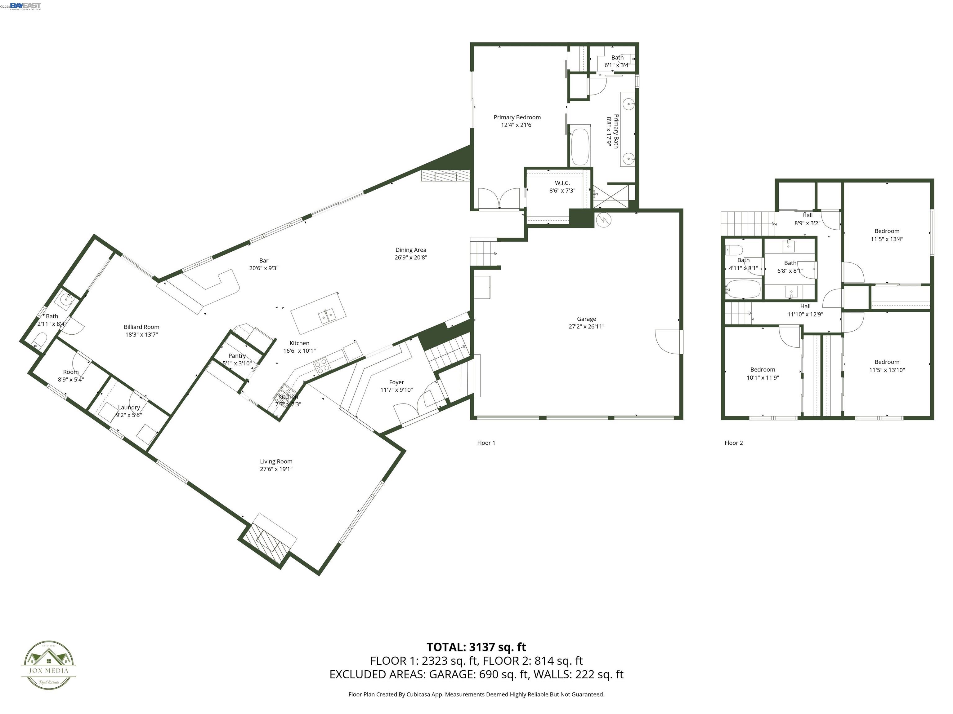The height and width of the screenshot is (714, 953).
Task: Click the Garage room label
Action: coord(586,319)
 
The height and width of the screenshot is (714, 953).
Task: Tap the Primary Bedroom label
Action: coord(517,117)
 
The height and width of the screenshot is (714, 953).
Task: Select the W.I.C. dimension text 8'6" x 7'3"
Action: coord(562,191)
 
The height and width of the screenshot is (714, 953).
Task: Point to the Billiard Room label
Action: coord(141,327)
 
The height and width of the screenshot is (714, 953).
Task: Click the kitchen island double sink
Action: coord(327,317)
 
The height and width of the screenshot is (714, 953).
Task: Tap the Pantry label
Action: coord(237,356)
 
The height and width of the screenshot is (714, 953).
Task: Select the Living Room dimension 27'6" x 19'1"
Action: coord(276,469)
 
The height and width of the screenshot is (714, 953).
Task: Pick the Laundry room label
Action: coord(129,408)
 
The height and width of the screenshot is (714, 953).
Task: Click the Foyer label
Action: coord(396,382)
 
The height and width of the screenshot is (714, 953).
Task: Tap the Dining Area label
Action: coord(411,250)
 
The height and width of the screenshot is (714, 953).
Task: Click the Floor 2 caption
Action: coord(734,443)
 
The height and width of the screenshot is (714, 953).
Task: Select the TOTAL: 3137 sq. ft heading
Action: coord(476,647)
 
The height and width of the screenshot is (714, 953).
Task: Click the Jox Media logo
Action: coord(49,665)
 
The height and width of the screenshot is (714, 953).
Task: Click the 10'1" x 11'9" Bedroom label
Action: coord(763,370)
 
